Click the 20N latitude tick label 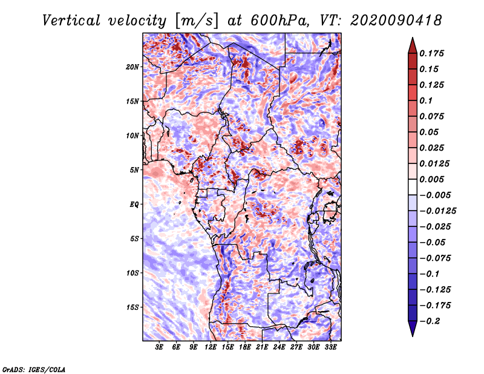click(132, 67)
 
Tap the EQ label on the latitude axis click(134, 205)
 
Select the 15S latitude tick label click(132, 307)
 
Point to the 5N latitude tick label click(134, 170)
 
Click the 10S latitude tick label click(132, 273)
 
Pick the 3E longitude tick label click(160, 347)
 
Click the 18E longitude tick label click(245, 347)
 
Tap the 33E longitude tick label click(331, 347)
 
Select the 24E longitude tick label click(280, 347)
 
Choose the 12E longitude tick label click(211, 347)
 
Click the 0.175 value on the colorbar click(432, 53)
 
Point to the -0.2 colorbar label click(431, 321)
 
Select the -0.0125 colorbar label click(438, 211)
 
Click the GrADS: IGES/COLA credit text click(34, 369)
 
